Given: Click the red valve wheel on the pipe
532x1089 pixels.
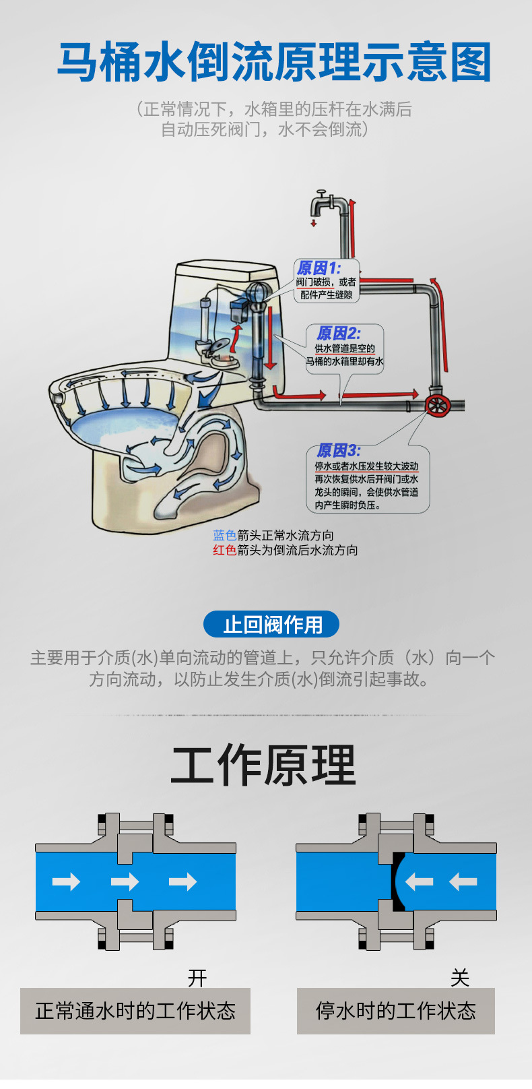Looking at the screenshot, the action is pos(437,405).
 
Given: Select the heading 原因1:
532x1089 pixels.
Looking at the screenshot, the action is pos(319,268).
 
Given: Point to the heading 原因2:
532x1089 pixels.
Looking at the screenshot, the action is pos(338,333).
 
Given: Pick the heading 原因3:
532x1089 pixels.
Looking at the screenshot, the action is pos(338,450).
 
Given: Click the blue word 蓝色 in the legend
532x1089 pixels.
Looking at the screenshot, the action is pos(224,535).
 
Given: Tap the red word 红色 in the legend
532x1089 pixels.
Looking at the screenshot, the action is pos(224,550).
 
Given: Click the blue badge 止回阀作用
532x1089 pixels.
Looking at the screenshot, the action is pos(271,625).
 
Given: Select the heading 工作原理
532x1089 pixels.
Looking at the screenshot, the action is pos(263,766).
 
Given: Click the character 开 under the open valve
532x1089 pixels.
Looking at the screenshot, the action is pos(197,977).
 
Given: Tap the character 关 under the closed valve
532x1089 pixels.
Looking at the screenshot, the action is pos(460,977).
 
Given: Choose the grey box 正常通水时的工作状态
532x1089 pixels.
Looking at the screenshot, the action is pos(135,1011).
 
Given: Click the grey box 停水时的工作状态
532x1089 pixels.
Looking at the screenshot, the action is pos(396,1011).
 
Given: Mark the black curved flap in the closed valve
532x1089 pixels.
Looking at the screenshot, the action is pos(395,881).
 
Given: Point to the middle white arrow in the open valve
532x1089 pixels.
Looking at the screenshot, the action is pos(125,881).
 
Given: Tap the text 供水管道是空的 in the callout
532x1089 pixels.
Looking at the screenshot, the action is pos(345,348).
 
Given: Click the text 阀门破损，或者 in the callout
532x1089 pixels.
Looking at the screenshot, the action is pos(326,282).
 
